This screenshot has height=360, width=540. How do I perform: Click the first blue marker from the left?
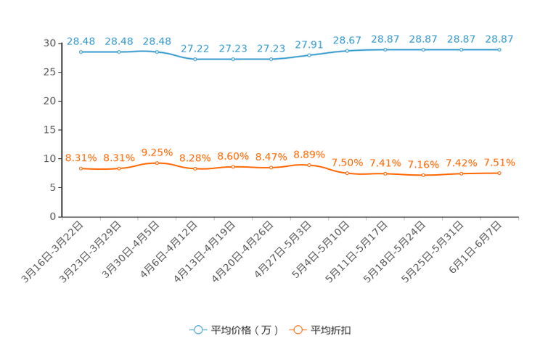click(x=81, y=52)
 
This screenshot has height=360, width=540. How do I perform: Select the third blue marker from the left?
click(x=157, y=52)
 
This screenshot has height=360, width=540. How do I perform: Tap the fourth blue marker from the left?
click(x=195, y=60)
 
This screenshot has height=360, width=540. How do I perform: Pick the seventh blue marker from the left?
click(x=309, y=55)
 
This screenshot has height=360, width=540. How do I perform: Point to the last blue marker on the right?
click(x=499, y=49)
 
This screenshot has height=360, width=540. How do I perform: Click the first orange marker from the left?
click(x=81, y=168)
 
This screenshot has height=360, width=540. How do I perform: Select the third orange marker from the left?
click(x=157, y=163)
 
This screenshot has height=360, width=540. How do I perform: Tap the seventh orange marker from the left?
click(x=309, y=165)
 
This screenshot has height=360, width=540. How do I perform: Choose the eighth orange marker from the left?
click(x=347, y=173)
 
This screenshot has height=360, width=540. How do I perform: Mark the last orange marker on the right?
click(x=499, y=173)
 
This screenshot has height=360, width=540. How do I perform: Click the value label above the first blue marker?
click(x=81, y=41)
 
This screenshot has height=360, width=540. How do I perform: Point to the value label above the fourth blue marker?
click(x=195, y=49)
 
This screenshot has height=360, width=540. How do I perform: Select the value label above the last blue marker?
click(x=499, y=38)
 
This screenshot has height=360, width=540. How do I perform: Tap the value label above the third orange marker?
click(x=157, y=152)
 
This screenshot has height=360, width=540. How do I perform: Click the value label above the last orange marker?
click(x=499, y=162)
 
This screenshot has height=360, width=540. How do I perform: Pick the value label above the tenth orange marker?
click(x=423, y=164)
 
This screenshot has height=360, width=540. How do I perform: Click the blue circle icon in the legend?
click(x=197, y=330)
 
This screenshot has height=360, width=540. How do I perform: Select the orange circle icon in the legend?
click(x=297, y=330)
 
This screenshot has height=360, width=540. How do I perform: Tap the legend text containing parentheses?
click(x=245, y=330)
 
